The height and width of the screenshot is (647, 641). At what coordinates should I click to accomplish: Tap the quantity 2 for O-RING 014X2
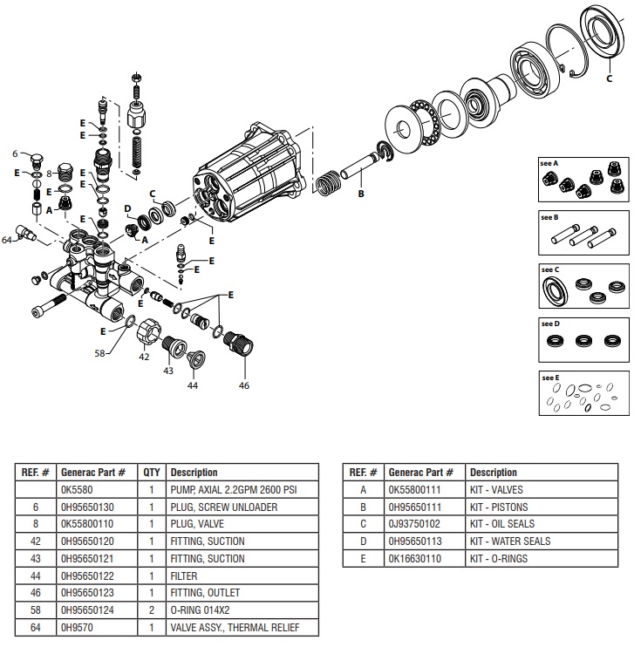point(151,610)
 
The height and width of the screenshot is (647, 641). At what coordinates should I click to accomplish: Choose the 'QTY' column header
point(151,473)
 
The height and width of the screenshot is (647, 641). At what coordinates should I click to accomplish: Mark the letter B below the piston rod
point(361,194)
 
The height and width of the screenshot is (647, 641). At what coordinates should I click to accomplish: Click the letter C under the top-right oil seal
point(609,78)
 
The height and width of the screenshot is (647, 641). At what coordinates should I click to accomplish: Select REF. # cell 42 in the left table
point(36,541)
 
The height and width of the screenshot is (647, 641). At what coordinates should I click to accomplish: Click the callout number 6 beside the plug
point(15,153)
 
